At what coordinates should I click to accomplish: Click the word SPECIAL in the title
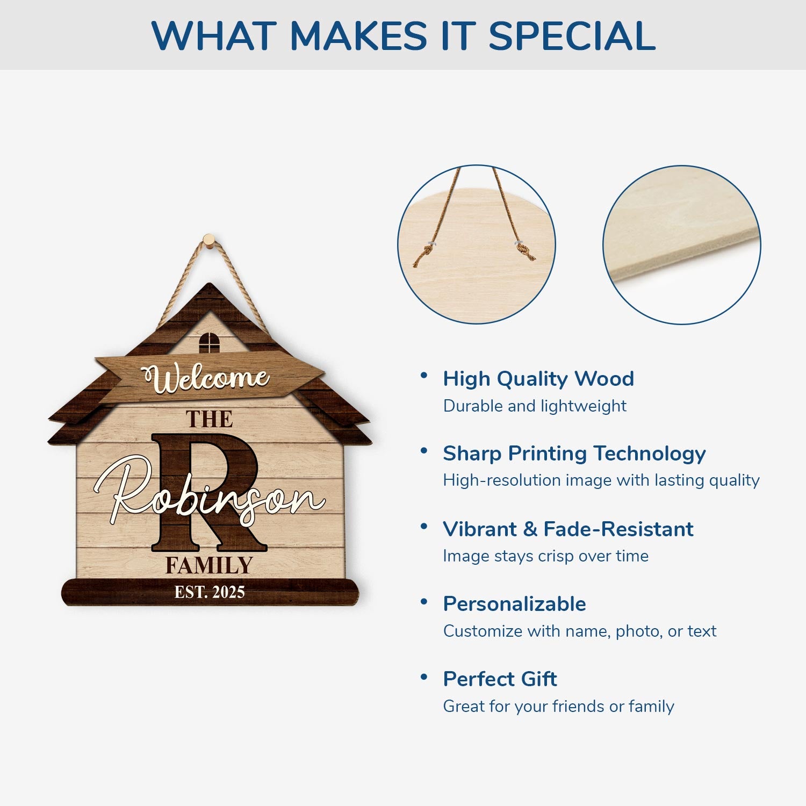click(572, 36)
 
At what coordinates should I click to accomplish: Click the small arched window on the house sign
click(210, 342)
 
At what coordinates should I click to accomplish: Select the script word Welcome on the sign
click(205, 378)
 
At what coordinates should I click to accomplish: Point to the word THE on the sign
click(210, 419)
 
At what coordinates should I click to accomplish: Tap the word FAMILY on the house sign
click(209, 565)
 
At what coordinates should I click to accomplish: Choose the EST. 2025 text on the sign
click(210, 592)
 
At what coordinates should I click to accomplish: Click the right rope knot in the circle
click(525, 251)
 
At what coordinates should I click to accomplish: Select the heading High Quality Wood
click(538, 379)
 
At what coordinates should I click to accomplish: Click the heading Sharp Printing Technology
click(574, 454)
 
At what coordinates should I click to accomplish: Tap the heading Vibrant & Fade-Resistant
click(568, 529)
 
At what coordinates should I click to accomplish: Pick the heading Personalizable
click(515, 604)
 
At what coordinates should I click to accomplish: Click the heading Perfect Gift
click(500, 679)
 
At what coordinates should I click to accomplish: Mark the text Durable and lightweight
click(535, 406)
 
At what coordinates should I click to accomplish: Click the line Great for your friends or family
click(559, 706)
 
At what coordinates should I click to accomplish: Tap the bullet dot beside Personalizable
click(424, 601)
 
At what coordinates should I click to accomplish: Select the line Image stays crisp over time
click(546, 556)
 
